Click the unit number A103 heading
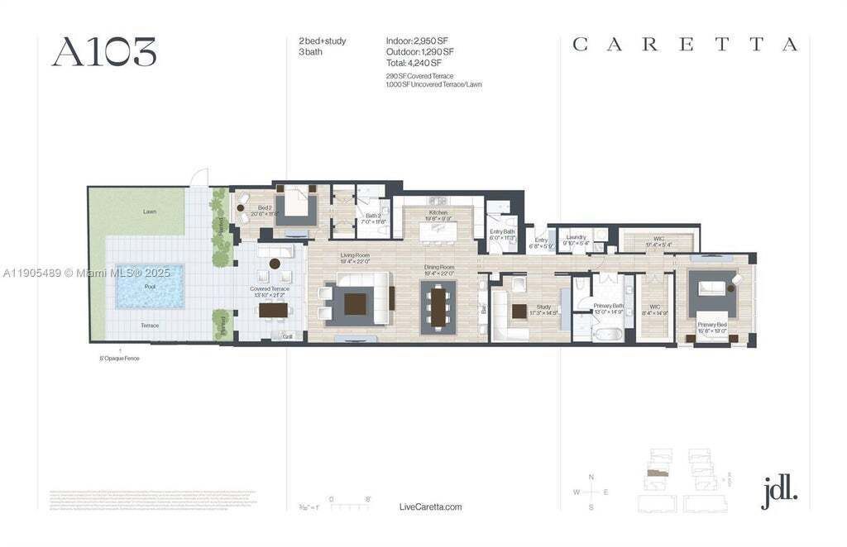(x=104, y=52)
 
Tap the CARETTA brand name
(x=685, y=45)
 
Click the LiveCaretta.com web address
(x=430, y=507)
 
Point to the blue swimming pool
(x=150, y=287)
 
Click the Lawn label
(x=150, y=212)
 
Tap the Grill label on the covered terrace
(x=288, y=336)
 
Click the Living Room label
(x=355, y=255)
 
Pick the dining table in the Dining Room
(x=438, y=307)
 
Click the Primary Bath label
(x=608, y=307)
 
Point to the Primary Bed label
(x=712, y=325)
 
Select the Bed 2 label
(x=265, y=208)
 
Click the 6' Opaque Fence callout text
(x=121, y=359)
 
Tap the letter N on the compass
(x=591, y=478)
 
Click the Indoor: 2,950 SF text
(x=416, y=40)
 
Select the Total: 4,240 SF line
(x=414, y=63)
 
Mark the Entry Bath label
(x=502, y=232)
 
